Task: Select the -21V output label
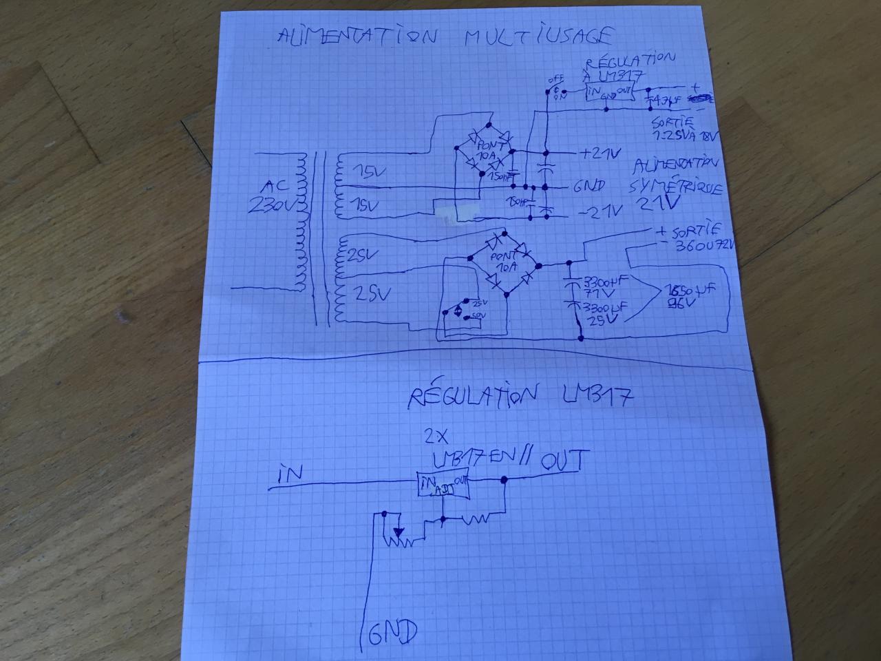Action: coord(600,211)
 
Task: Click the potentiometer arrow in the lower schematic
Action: coord(399,531)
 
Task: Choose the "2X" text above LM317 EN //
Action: coord(436,436)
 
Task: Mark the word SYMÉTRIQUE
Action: coord(675,186)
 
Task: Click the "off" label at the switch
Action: coord(554,79)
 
